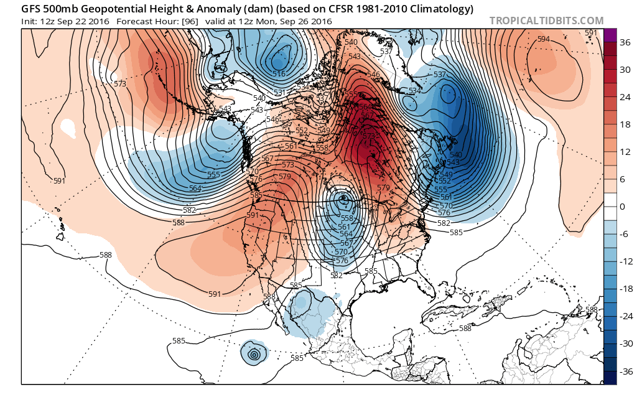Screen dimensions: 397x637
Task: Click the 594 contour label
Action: click(x=543, y=39)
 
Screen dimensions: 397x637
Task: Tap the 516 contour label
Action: click(x=279, y=74)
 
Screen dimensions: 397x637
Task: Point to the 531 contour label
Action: click(x=280, y=93)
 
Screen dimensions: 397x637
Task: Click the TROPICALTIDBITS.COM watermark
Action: click(x=546, y=21)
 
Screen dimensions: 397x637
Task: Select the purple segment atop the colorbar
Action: click(x=610, y=35)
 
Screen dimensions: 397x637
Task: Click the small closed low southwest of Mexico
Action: click(x=254, y=355)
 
